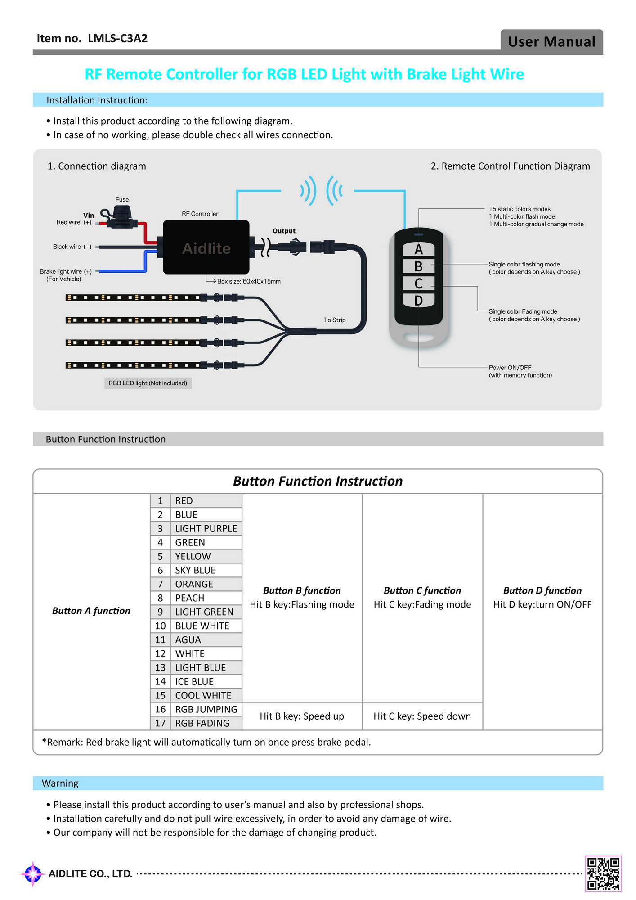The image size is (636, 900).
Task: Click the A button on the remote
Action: (x=418, y=249)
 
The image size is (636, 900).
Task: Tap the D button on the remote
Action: (x=418, y=300)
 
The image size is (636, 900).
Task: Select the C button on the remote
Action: (x=418, y=283)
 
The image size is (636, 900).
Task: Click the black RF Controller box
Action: (x=206, y=247)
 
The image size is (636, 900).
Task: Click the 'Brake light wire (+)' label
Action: (x=66, y=271)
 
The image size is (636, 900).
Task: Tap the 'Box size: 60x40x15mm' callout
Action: (x=249, y=281)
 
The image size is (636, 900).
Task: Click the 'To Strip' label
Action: (x=335, y=320)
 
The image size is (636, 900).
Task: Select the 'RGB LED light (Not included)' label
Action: (x=148, y=383)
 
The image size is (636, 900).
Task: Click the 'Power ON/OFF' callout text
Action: (x=510, y=368)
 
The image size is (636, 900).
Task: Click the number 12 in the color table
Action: (x=161, y=654)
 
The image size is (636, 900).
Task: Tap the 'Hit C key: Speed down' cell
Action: (x=422, y=716)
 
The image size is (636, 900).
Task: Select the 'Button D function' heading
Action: (x=542, y=590)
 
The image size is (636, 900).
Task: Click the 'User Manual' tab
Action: (x=552, y=41)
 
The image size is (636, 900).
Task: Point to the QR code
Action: (x=603, y=873)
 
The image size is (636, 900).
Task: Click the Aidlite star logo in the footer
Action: (x=33, y=874)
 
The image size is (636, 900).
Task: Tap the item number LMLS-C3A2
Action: (x=118, y=38)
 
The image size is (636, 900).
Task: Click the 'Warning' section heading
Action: (x=60, y=783)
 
